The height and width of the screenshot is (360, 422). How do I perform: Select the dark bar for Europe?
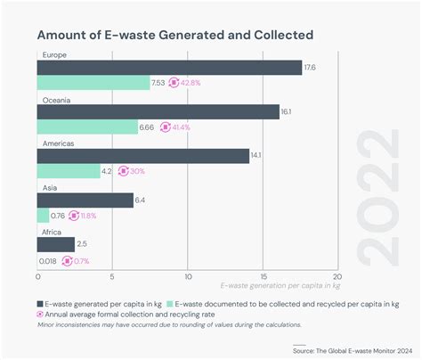(169, 68)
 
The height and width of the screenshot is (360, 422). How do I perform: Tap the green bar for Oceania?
(87, 127)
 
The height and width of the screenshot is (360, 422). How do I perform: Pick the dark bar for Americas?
(142, 156)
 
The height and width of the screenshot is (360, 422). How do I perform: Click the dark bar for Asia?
(85, 200)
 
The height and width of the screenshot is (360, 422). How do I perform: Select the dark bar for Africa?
(55, 244)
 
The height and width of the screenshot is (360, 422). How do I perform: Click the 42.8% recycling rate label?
(189, 83)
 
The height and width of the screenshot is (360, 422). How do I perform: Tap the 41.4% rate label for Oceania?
(178, 127)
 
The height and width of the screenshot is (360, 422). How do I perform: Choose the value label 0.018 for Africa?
(48, 260)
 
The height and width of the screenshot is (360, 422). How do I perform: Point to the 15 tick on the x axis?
(262, 276)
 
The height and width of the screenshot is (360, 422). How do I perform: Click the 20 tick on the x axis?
(336, 276)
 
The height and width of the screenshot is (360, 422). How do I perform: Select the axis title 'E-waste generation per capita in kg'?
(280, 286)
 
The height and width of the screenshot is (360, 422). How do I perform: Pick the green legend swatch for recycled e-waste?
(167, 302)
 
